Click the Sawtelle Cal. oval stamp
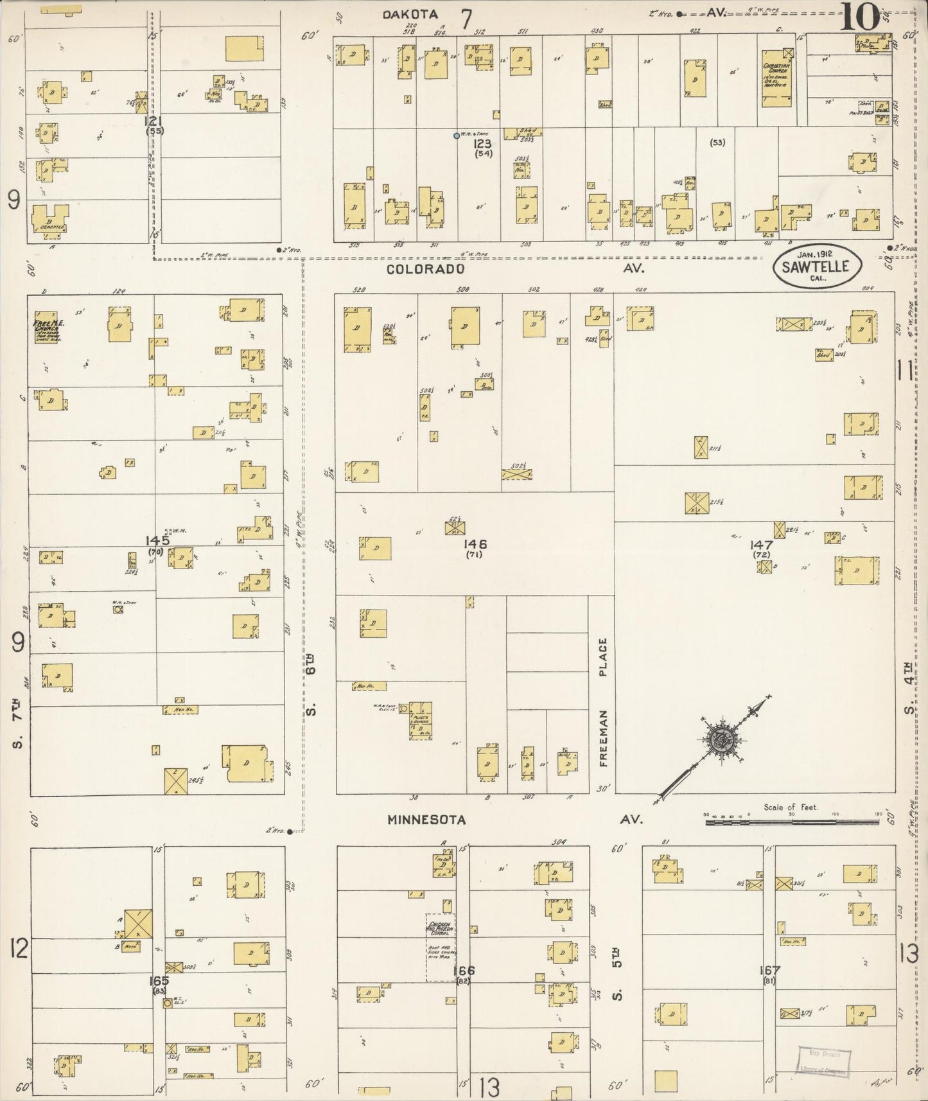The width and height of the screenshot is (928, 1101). click(820, 267)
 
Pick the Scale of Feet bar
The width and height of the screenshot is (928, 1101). click(791, 822)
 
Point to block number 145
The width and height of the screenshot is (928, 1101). click(157, 540)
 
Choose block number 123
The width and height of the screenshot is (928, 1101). click(482, 144)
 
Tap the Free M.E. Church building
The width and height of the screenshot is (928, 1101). click(46, 327)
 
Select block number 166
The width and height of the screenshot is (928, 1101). click(463, 971)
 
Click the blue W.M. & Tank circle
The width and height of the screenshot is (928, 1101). click(456, 136)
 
